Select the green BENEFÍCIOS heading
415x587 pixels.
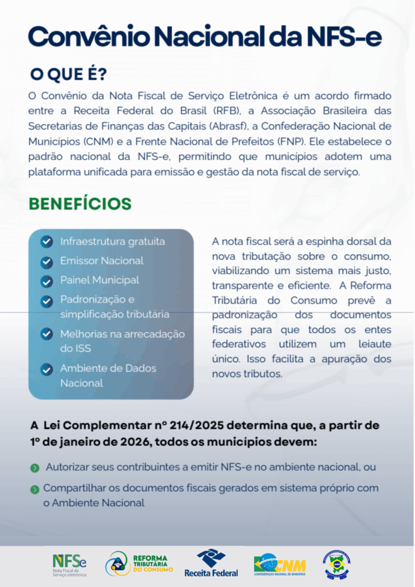point(80,203)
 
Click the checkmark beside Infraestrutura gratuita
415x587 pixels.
point(47,242)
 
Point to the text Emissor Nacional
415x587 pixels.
point(101,261)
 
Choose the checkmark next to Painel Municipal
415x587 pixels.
point(47,280)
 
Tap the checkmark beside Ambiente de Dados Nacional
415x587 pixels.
point(47,369)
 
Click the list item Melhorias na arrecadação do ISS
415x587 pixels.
point(122,341)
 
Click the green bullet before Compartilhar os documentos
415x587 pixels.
point(35,489)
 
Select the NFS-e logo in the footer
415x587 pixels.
point(70,565)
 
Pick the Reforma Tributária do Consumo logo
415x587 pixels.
point(139,564)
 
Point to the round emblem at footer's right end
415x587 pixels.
point(336,564)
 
